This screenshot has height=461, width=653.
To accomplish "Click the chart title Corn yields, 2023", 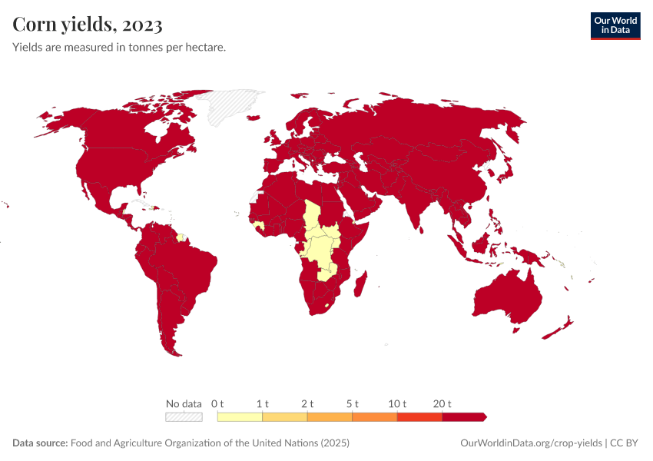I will pyautogui.click(x=88, y=25).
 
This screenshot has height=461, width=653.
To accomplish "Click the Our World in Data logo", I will pyautogui.click(x=615, y=25).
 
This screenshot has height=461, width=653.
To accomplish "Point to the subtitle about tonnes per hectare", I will pyautogui.click(x=119, y=48).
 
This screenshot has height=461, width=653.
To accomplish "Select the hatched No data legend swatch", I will pyautogui.click(x=184, y=417).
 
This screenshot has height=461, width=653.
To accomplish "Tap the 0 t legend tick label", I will pyautogui.click(x=217, y=403).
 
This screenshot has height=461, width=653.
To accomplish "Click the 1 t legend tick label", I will pyautogui.click(x=263, y=403).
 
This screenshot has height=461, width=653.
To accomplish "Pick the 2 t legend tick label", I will pyautogui.click(x=307, y=403).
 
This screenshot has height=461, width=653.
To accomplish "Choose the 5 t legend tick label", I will pyautogui.click(x=353, y=403).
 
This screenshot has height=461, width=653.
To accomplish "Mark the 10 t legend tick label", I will pyautogui.click(x=397, y=403).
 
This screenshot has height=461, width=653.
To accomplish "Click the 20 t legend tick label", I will pyautogui.click(x=443, y=403).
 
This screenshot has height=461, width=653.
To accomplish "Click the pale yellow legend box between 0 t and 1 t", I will pyautogui.click(x=240, y=417).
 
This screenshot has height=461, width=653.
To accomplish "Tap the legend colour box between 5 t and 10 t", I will pyautogui.click(x=375, y=417).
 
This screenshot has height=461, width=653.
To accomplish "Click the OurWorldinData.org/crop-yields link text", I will pyautogui.click(x=531, y=443).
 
